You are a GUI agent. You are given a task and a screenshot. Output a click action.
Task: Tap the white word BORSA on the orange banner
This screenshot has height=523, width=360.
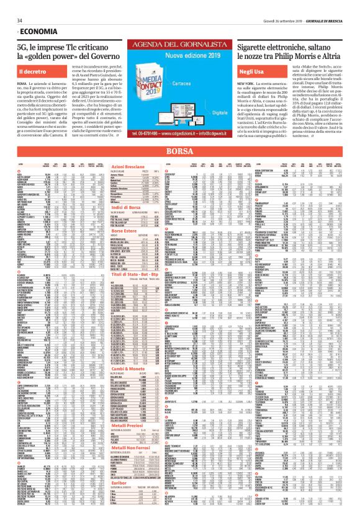point(180,151)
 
